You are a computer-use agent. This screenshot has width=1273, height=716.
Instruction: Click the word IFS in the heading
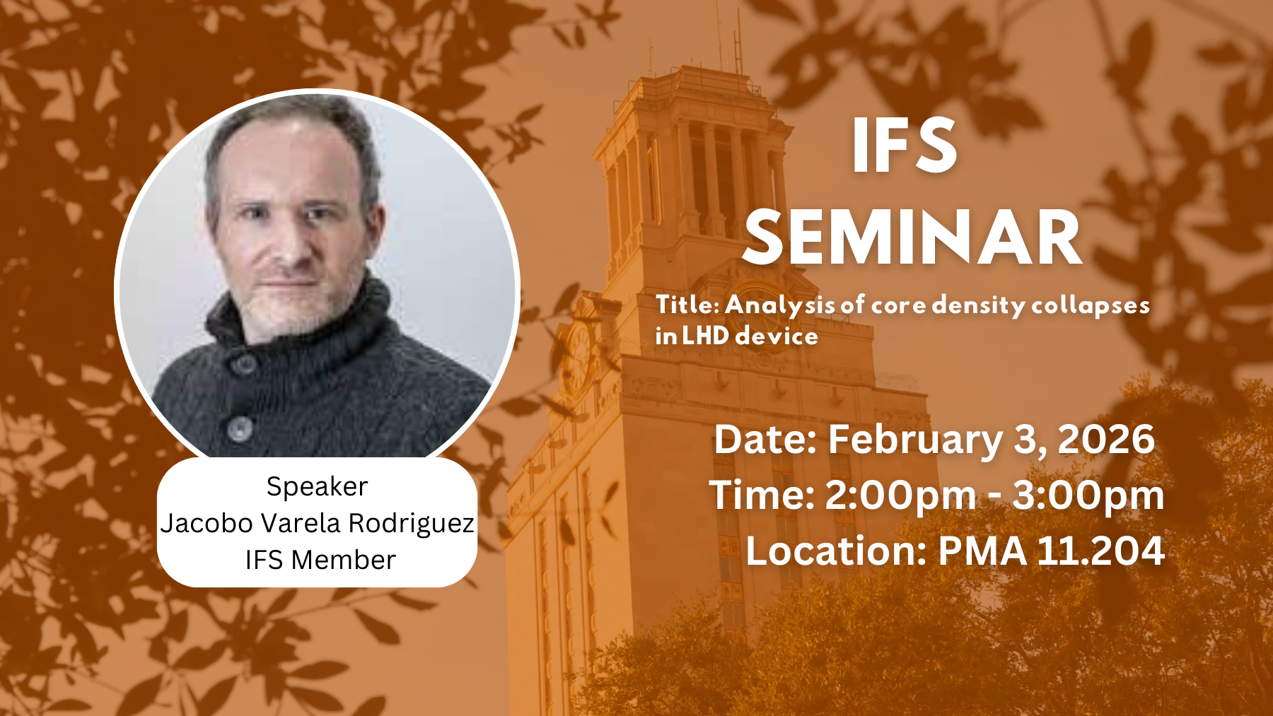(x=905, y=145)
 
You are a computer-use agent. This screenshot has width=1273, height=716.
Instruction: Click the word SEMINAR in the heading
(x=912, y=238)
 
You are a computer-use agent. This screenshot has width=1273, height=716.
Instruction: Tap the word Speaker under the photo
(x=317, y=487)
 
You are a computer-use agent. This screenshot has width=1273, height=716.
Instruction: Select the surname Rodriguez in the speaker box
(x=412, y=524)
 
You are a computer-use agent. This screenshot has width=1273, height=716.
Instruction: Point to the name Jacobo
(x=207, y=523)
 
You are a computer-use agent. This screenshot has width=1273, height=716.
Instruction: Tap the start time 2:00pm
(x=900, y=495)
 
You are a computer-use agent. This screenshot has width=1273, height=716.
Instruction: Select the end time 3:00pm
(x=1088, y=495)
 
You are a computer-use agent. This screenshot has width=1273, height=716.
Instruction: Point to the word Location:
(x=837, y=551)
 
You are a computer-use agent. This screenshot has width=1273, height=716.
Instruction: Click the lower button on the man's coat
(x=240, y=427)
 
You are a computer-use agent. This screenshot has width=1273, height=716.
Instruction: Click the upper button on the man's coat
(x=245, y=363)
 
